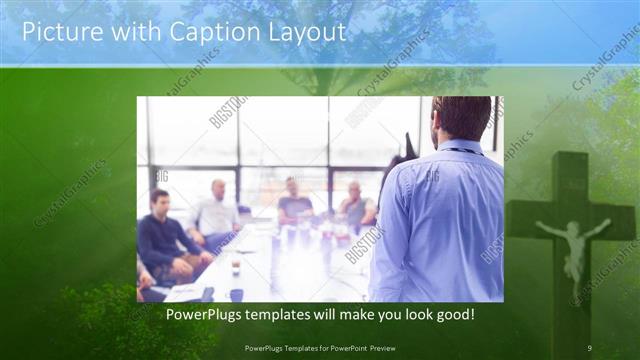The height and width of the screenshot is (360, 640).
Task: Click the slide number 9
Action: pos(590,348)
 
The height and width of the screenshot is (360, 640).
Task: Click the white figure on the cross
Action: pos(572,246)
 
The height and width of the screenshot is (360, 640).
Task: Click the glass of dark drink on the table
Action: pos(235,267)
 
